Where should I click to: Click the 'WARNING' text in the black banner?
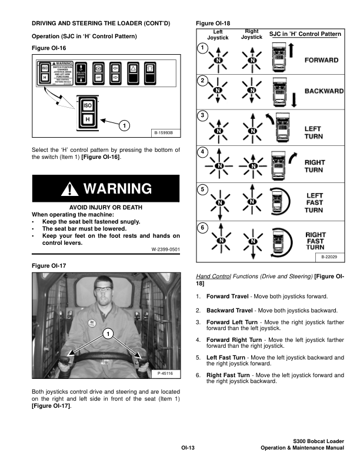pos(118,189)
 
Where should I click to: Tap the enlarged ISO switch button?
pos(87,106)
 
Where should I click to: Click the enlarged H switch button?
pos(87,119)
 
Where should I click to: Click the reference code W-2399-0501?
pos(166,249)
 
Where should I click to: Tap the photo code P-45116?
pos(168,374)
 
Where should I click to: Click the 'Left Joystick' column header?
pos(218,34)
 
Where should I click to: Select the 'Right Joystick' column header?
pos(252,34)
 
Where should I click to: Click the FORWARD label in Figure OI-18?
pos(321,60)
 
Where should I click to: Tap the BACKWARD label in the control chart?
pos(324,91)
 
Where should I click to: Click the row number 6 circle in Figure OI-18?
pos(202,227)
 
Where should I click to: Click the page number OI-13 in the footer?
pos(188,448)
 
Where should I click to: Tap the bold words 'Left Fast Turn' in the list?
pos(225,357)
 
